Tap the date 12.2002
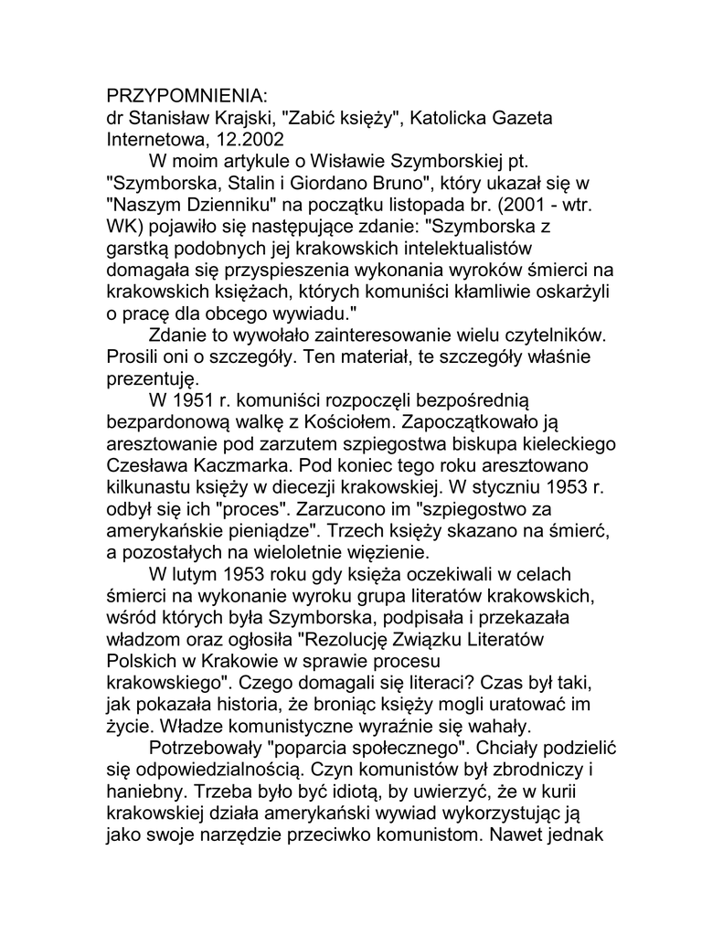[251, 140]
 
